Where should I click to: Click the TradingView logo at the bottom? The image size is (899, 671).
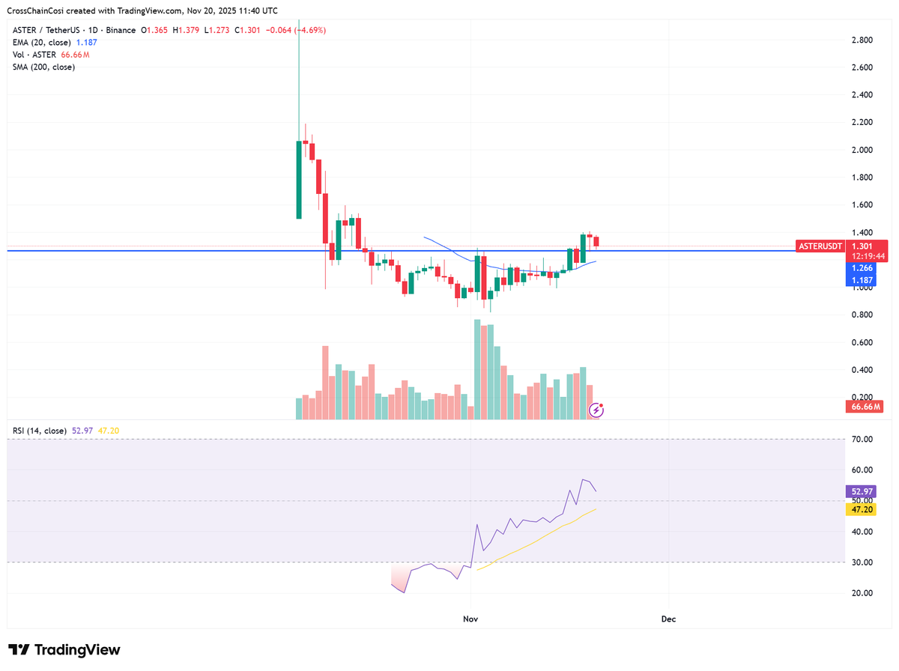pos(64,649)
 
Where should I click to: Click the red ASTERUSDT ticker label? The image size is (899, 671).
pos(821,246)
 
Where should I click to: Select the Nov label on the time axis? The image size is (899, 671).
pos(470,619)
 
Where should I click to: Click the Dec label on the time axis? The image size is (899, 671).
pos(668,619)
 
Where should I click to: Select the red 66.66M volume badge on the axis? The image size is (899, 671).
pos(865,407)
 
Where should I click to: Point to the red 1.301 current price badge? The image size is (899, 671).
pos(862,246)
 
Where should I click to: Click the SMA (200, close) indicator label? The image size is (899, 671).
pos(43,67)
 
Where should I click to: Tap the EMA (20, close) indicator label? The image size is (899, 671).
pos(43,42)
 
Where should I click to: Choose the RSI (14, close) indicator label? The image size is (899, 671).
pos(40,431)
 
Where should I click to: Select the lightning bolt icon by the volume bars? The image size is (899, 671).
pos(597,409)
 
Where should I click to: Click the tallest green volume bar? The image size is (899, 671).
pos(477,369)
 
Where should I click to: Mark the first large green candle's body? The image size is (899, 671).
pos(299,179)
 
